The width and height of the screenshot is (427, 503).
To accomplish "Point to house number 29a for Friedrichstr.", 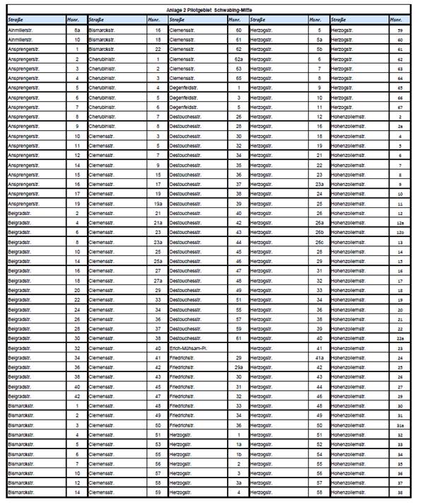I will click(x=238, y=367).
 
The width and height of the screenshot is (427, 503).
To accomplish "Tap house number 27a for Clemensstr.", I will click(x=158, y=280).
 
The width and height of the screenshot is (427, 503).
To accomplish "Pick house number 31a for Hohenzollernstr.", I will click(x=400, y=424).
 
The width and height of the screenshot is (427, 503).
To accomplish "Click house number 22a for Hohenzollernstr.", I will click(x=400, y=338).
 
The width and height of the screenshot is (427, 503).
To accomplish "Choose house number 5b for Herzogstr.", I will click(x=320, y=50).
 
